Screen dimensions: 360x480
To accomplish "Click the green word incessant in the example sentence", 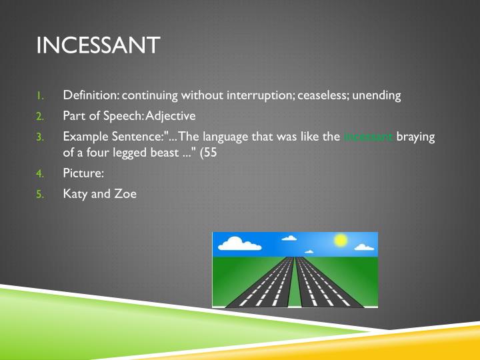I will (368, 137).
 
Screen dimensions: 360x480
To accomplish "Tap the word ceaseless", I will (323, 95).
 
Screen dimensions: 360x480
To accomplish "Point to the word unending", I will (377, 95).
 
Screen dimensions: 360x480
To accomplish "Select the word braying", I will (416, 137).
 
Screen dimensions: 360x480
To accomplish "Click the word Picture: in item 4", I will (83, 173).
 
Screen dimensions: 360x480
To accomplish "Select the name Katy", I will (76, 195).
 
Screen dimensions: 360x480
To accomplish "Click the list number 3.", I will (39, 137).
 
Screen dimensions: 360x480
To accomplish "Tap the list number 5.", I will (39, 195).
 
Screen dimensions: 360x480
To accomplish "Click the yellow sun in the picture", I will (341, 239).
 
